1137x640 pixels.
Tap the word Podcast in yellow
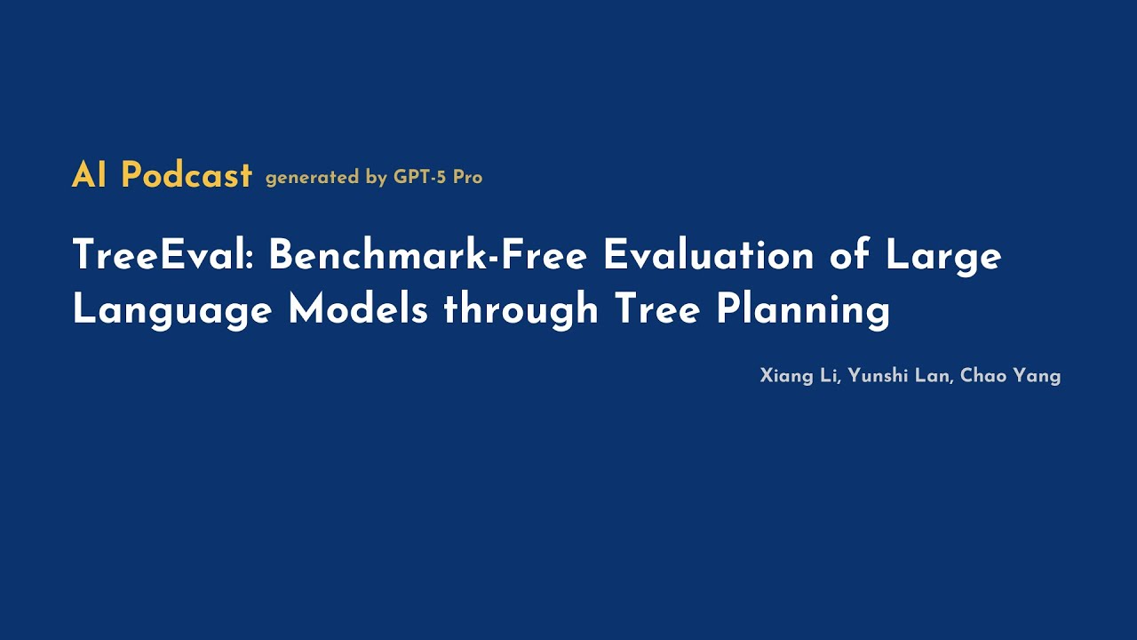(x=187, y=175)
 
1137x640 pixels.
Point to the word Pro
(x=467, y=177)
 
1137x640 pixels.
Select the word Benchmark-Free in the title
(x=427, y=256)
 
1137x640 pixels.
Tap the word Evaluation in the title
(x=708, y=256)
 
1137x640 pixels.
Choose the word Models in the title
(x=358, y=309)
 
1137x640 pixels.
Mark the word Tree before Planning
(x=658, y=309)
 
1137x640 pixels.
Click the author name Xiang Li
(x=799, y=376)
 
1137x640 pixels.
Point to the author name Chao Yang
(x=1011, y=376)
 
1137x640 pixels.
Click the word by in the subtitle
(x=376, y=178)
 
